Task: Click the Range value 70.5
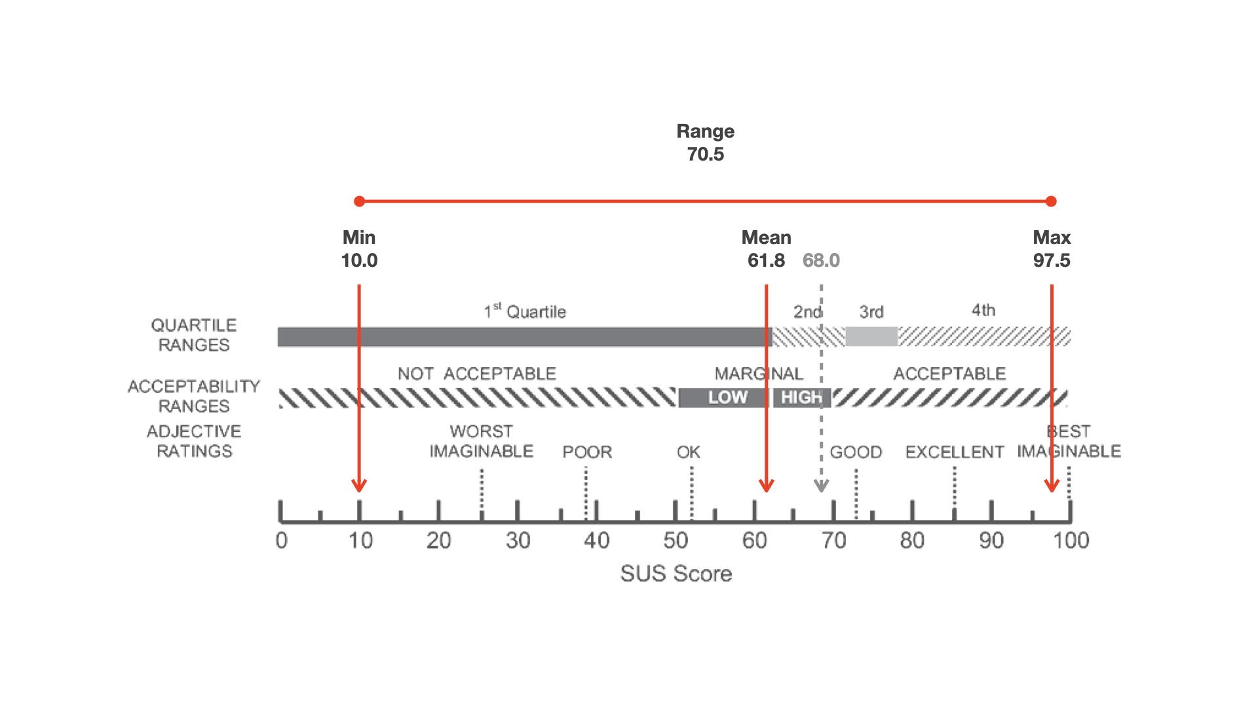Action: coord(705,154)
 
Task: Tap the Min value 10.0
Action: coord(359,260)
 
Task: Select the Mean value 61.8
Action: coord(766,260)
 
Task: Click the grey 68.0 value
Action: coord(821,260)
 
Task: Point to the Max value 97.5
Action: coord(1052,260)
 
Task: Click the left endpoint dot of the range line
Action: coord(359,201)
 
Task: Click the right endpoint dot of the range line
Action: coord(1051,201)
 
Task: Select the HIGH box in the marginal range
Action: coord(801,397)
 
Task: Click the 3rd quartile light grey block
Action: coord(871,336)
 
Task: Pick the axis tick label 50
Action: coord(676,541)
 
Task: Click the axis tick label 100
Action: coord(1071,541)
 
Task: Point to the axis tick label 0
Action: coord(282,541)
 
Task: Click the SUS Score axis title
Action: coord(676,574)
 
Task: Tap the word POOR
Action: coord(587,452)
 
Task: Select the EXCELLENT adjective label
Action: coord(955,452)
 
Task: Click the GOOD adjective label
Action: coord(856,452)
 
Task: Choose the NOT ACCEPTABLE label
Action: coord(477,374)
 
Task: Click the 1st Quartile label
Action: coord(525,311)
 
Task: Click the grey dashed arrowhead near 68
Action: coord(821,487)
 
